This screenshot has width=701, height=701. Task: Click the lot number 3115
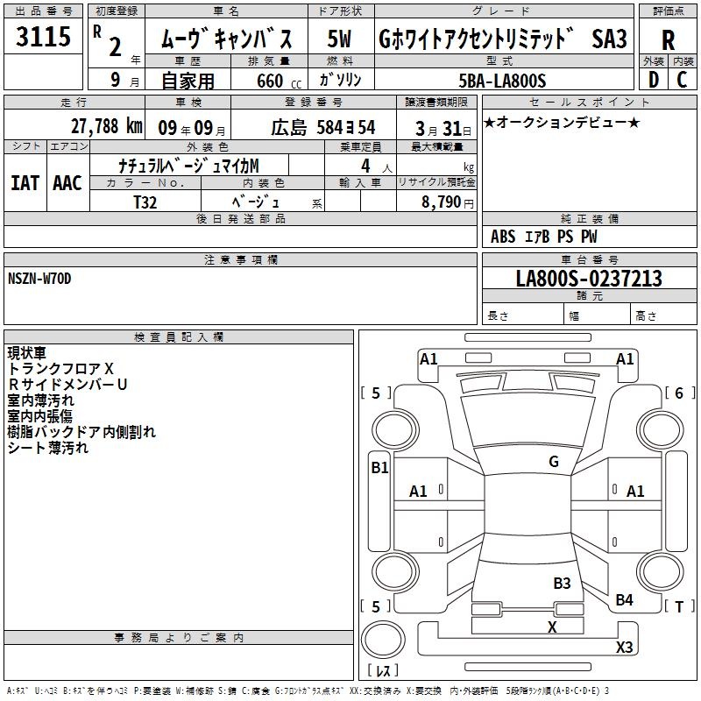[43, 36]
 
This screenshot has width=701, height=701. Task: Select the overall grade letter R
[668, 40]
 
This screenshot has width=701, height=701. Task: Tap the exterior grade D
[654, 80]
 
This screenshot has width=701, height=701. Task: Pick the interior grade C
[682, 80]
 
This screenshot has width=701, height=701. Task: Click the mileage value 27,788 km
[107, 126]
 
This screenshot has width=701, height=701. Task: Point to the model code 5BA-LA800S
[502, 81]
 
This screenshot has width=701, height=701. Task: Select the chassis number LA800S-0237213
[589, 278]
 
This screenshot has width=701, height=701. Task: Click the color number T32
[145, 202]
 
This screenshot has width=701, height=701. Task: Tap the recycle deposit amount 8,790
[441, 202]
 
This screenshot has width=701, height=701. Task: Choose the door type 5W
[339, 39]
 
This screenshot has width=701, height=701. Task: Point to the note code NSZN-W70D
[39, 279]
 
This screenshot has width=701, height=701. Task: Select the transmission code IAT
[25, 183]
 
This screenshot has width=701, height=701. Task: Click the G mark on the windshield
[554, 462]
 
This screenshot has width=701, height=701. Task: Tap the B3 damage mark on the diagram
[562, 583]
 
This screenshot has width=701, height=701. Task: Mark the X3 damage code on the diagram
[624, 647]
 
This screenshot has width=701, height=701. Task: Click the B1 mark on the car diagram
[379, 468]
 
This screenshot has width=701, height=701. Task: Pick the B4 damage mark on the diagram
[624, 600]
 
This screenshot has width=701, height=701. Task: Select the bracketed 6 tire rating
[680, 393]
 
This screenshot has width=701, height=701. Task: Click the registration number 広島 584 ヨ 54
[322, 128]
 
